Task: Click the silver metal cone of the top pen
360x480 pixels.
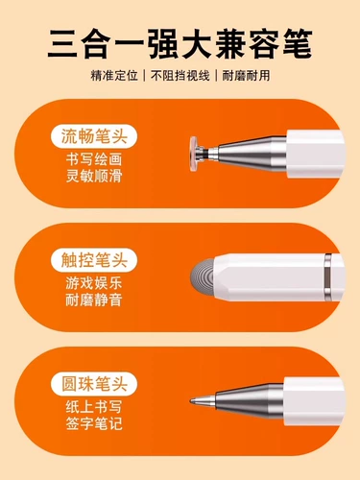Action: click(x=245, y=152)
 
